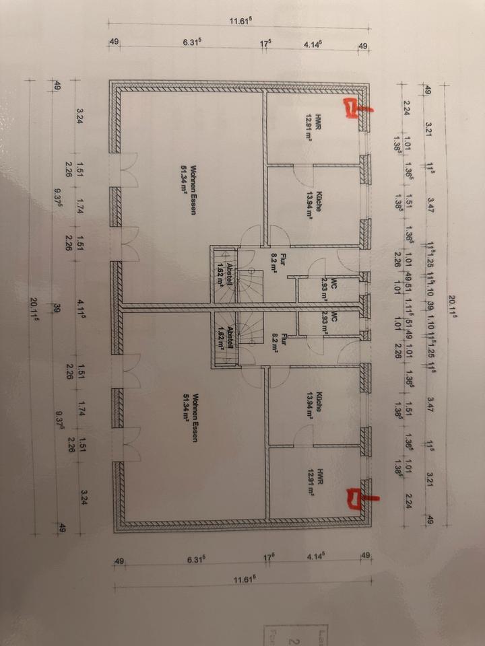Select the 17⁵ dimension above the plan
[x=266, y=44]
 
